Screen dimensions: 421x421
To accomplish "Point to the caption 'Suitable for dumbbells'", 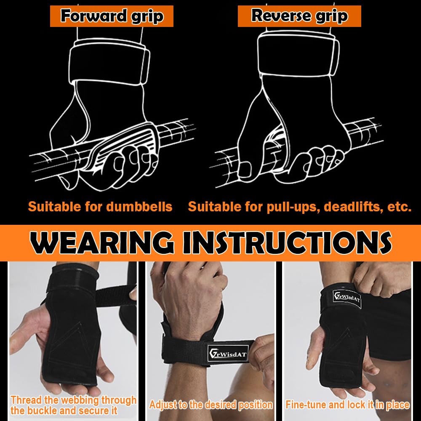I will coord(100,207).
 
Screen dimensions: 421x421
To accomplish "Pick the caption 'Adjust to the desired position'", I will coord(210,405).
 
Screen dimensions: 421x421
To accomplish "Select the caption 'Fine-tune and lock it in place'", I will coord(347,405).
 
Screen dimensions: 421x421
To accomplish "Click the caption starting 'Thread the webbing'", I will coord(74,405).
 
